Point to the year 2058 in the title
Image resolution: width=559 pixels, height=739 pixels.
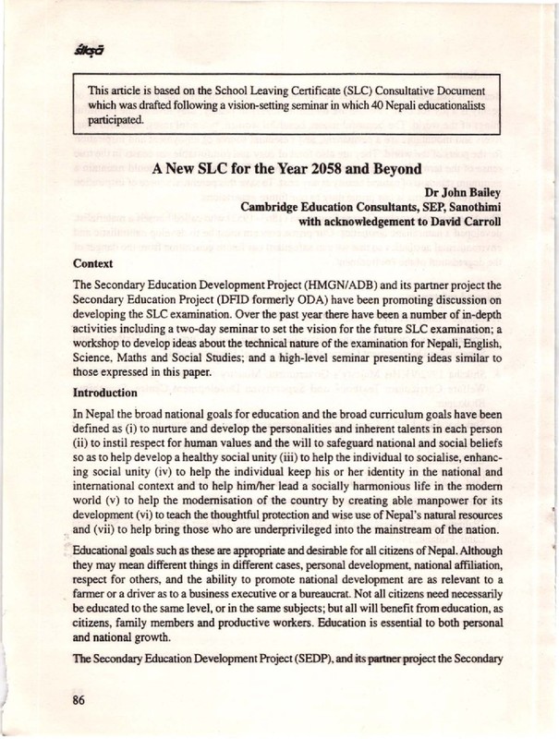point(330,169)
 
